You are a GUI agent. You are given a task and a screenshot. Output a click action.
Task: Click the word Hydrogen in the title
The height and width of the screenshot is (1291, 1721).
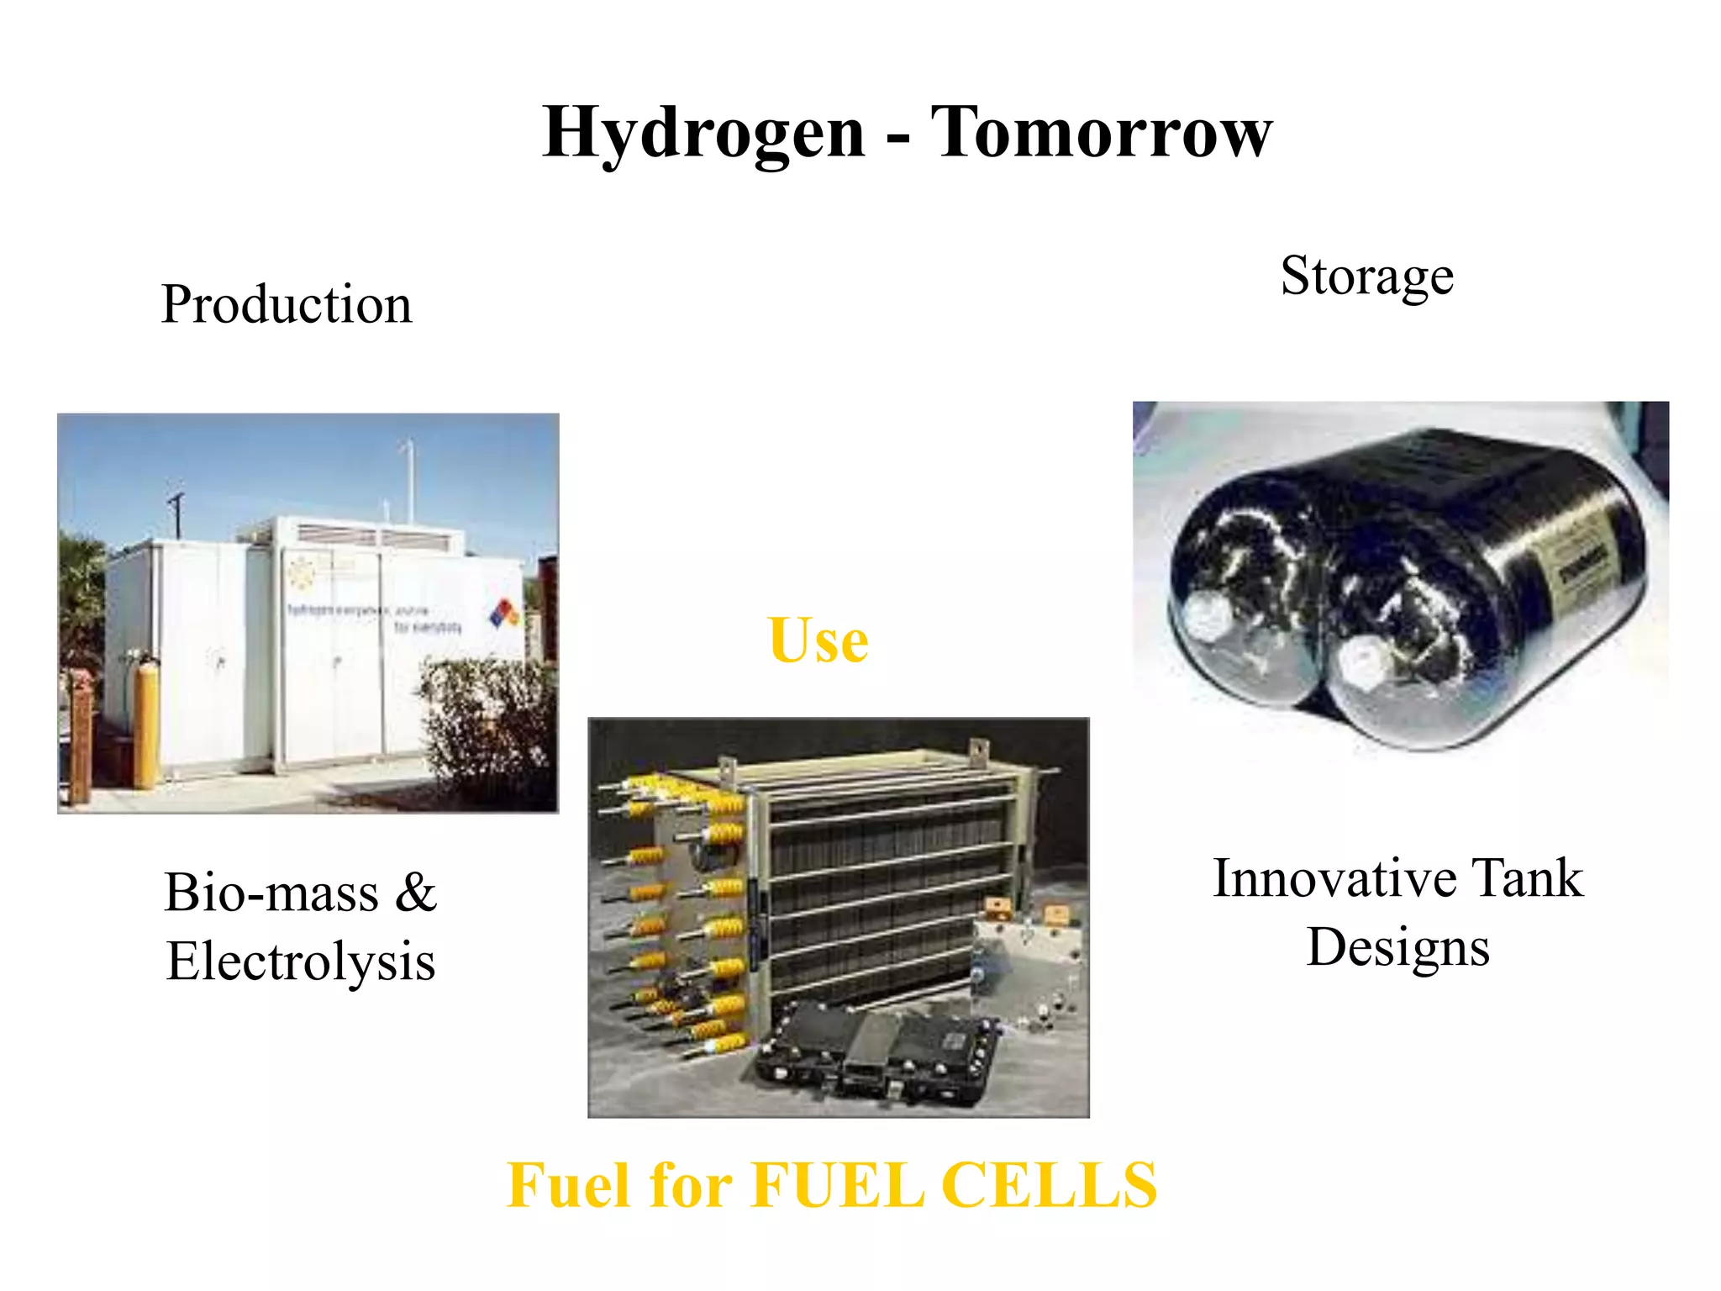pyautogui.click(x=704, y=133)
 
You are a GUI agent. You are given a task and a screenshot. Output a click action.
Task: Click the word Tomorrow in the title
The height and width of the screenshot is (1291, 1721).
pyautogui.click(x=1102, y=133)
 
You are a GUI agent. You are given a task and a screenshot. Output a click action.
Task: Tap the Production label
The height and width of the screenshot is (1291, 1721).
pyautogui.click(x=287, y=304)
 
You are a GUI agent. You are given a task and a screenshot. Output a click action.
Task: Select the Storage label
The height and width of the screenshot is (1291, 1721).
pyautogui.click(x=1367, y=276)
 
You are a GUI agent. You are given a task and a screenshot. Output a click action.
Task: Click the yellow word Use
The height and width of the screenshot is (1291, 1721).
pyautogui.click(x=818, y=640)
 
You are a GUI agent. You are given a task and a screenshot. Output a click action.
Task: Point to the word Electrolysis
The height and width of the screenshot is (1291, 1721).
pyautogui.click(x=301, y=962)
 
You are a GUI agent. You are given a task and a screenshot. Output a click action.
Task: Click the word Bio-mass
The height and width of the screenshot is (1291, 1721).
pyautogui.click(x=271, y=893)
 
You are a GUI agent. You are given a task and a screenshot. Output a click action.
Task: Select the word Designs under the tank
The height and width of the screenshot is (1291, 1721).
pyautogui.click(x=1398, y=948)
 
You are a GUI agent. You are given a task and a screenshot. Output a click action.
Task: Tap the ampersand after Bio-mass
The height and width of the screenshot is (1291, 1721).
pyautogui.click(x=415, y=893)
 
